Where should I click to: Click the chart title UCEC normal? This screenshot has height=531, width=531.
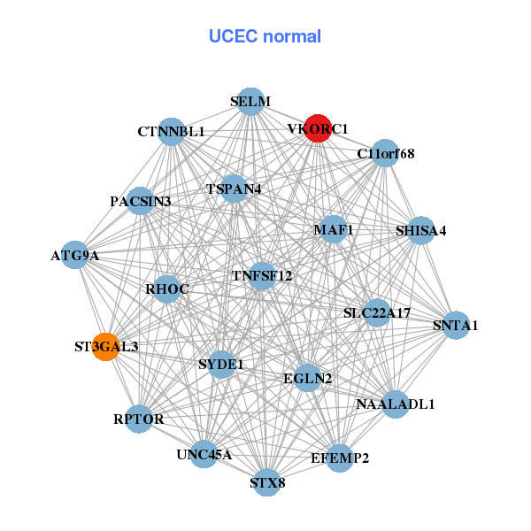click(x=265, y=36)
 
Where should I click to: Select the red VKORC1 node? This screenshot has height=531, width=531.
click(x=318, y=128)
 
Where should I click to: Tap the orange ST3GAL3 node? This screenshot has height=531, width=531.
click(x=106, y=346)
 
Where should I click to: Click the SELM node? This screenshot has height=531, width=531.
click(x=250, y=101)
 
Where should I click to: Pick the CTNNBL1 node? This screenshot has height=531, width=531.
click(x=171, y=131)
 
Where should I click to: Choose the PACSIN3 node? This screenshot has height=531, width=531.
click(x=141, y=201)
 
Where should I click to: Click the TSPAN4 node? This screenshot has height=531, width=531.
click(x=234, y=189)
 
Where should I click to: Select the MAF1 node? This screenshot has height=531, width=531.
click(x=334, y=229)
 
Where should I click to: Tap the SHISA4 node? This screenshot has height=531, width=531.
click(x=421, y=230)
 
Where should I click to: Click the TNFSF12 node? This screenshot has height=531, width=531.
click(x=262, y=275)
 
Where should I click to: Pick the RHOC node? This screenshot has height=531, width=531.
click(x=167, y=289)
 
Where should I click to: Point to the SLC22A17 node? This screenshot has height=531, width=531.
click(x=377, y=312)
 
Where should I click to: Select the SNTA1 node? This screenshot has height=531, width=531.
click(x=455, y=325)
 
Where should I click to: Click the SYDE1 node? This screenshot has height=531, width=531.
click(x=221, y=363)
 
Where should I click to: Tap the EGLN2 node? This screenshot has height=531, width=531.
click(x=307, y=378)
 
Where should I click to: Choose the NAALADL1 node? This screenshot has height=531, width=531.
click(x=395, y=404)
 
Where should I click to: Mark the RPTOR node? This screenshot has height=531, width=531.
click(x=139, y=419)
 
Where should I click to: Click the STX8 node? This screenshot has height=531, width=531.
click(x=267, y=482)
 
